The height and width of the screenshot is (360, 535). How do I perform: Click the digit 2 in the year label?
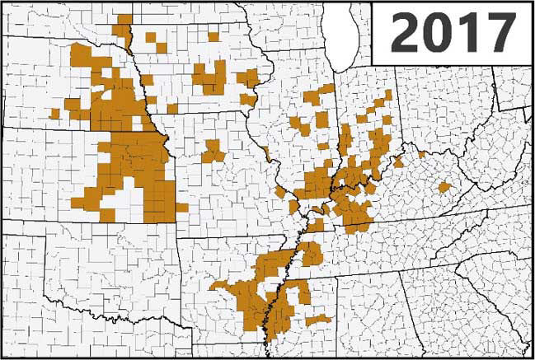coord(403,33)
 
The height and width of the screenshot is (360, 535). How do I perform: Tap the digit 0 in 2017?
coord(438,33)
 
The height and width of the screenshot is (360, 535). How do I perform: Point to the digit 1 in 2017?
coord(468,33)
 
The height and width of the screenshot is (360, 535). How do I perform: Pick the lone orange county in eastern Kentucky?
coord(444,188)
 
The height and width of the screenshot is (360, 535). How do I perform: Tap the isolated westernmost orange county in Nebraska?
coord(55,113)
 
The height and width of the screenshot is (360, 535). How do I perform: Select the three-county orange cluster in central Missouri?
coord(212,152)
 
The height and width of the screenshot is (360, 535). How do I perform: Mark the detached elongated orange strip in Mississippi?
coord(318,319)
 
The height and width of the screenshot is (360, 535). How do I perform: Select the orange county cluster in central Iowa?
coord(210,78)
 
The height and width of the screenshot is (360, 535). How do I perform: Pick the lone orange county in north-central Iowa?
coord(214,37)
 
